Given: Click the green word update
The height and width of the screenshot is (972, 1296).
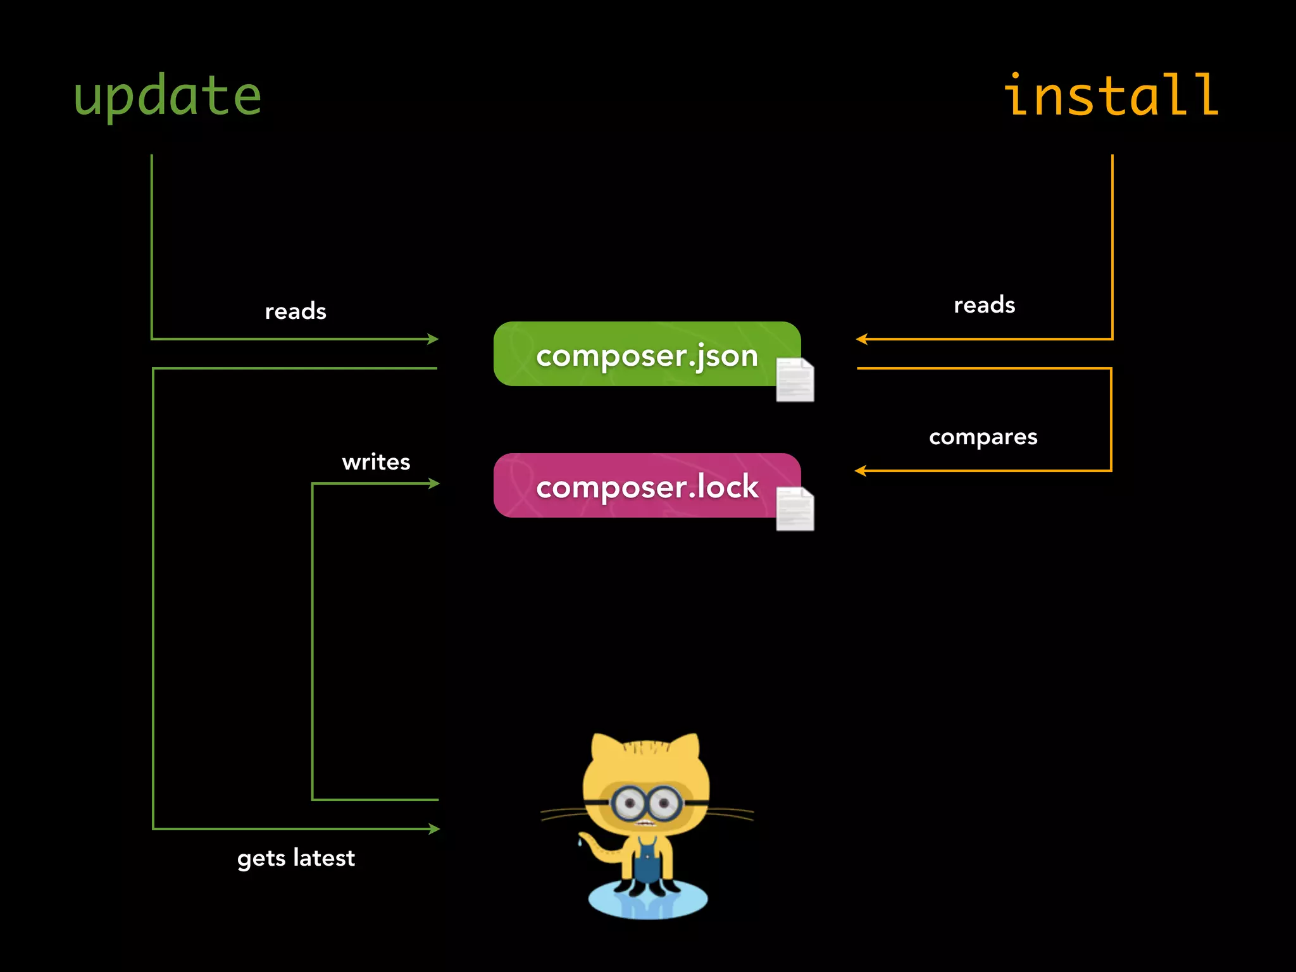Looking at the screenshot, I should tap(168, 96).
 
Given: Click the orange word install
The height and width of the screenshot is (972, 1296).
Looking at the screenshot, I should tap(1111, 96).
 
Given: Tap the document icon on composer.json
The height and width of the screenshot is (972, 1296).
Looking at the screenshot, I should tap(795, 380).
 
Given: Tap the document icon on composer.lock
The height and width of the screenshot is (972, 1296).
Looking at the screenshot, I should tap(795, 509).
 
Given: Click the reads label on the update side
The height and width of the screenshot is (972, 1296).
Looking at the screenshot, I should tap(296, 311).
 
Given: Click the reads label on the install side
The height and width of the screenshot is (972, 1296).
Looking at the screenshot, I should tap(984, 305).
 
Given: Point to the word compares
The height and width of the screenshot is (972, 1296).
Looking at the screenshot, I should tap(983, 437).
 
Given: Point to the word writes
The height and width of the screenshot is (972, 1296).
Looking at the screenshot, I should tap(376, 462).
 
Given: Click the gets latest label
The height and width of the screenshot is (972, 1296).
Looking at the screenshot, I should tap(296, 858).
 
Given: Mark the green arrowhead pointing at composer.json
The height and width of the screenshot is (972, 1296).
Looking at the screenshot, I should tap(433, 339).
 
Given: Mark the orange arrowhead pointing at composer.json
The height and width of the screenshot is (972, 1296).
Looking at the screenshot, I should tap(861, 339).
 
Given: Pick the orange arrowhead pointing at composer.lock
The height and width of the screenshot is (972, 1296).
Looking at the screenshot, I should tap(860, 471).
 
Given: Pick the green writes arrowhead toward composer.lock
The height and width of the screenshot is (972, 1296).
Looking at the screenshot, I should tap(434, 483).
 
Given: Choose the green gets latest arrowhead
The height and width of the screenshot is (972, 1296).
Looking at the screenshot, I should tap(434, 829).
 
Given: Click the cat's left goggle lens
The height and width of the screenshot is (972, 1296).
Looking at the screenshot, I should tap(629, 804).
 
